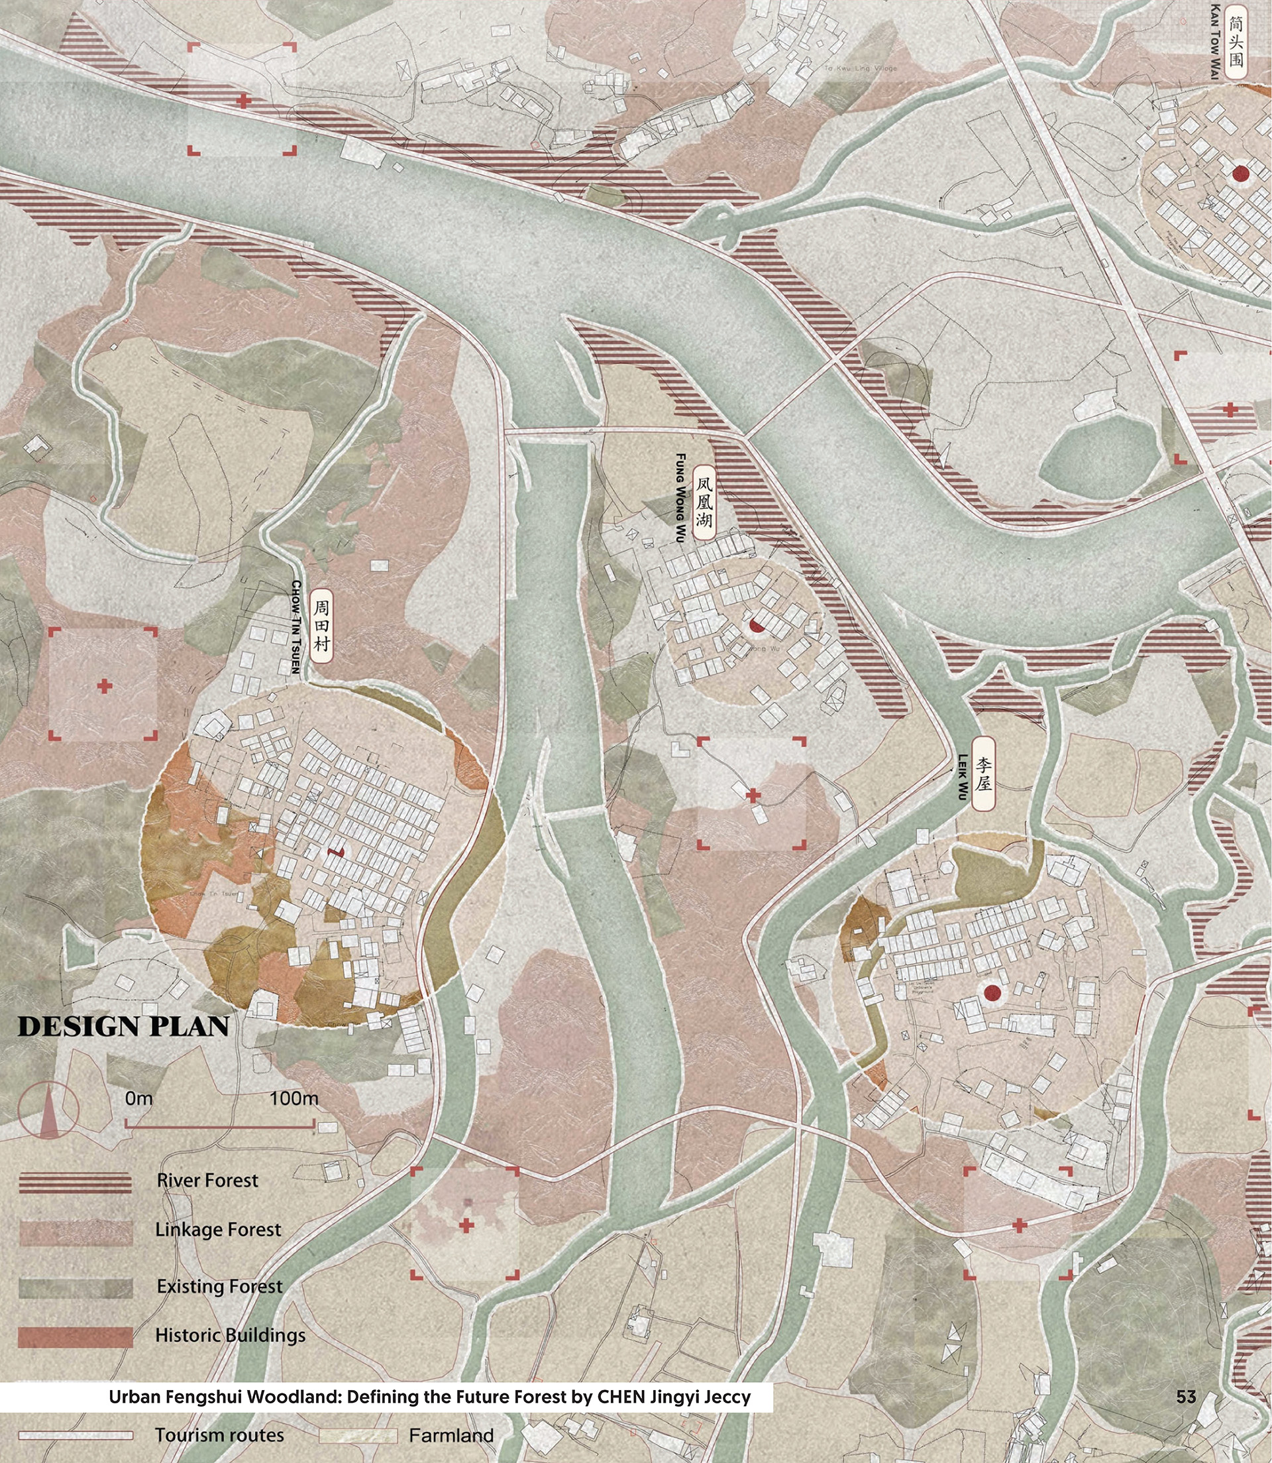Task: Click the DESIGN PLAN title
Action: pos(123,1027)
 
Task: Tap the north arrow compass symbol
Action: pos(48,1112)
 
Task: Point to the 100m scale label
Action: pos(294,1098)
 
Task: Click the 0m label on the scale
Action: pos(138,1098)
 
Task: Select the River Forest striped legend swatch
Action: pos(76,1183)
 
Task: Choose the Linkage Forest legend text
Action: pos(218,1230)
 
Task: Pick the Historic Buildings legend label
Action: pos(230,1335)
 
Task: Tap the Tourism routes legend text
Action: pos(219,1435)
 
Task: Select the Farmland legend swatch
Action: pos(357,1435)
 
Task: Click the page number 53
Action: pos(1186,1397)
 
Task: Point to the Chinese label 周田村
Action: pos(321,626)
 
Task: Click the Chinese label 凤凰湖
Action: pos(703,503)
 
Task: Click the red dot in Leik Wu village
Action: pos(992,993)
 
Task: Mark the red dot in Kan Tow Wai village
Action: pos(1240,173)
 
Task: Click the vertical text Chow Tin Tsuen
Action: pos(296,626)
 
